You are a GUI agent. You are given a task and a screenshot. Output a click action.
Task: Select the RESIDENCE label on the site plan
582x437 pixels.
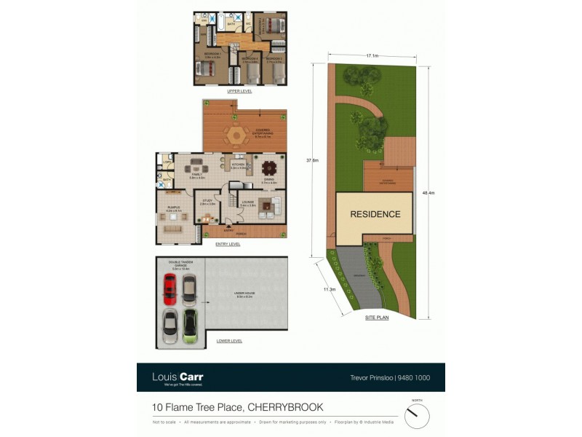375,214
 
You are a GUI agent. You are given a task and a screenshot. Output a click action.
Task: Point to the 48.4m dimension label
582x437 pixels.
428,193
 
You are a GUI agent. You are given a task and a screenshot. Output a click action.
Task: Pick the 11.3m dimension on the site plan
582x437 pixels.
329,289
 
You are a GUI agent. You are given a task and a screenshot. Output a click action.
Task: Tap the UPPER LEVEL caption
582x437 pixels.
239,91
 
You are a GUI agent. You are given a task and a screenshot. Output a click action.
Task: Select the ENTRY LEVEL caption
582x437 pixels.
228,245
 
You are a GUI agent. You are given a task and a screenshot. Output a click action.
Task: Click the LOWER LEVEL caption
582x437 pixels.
230,341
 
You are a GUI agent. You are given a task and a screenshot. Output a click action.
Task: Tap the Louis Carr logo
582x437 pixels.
178,377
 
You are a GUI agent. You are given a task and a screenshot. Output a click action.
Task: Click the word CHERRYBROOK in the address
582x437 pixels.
287,407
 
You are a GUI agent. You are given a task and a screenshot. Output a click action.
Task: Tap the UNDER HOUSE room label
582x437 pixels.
243,294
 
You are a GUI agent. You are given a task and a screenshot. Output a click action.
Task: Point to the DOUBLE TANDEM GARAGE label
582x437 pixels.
180,264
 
